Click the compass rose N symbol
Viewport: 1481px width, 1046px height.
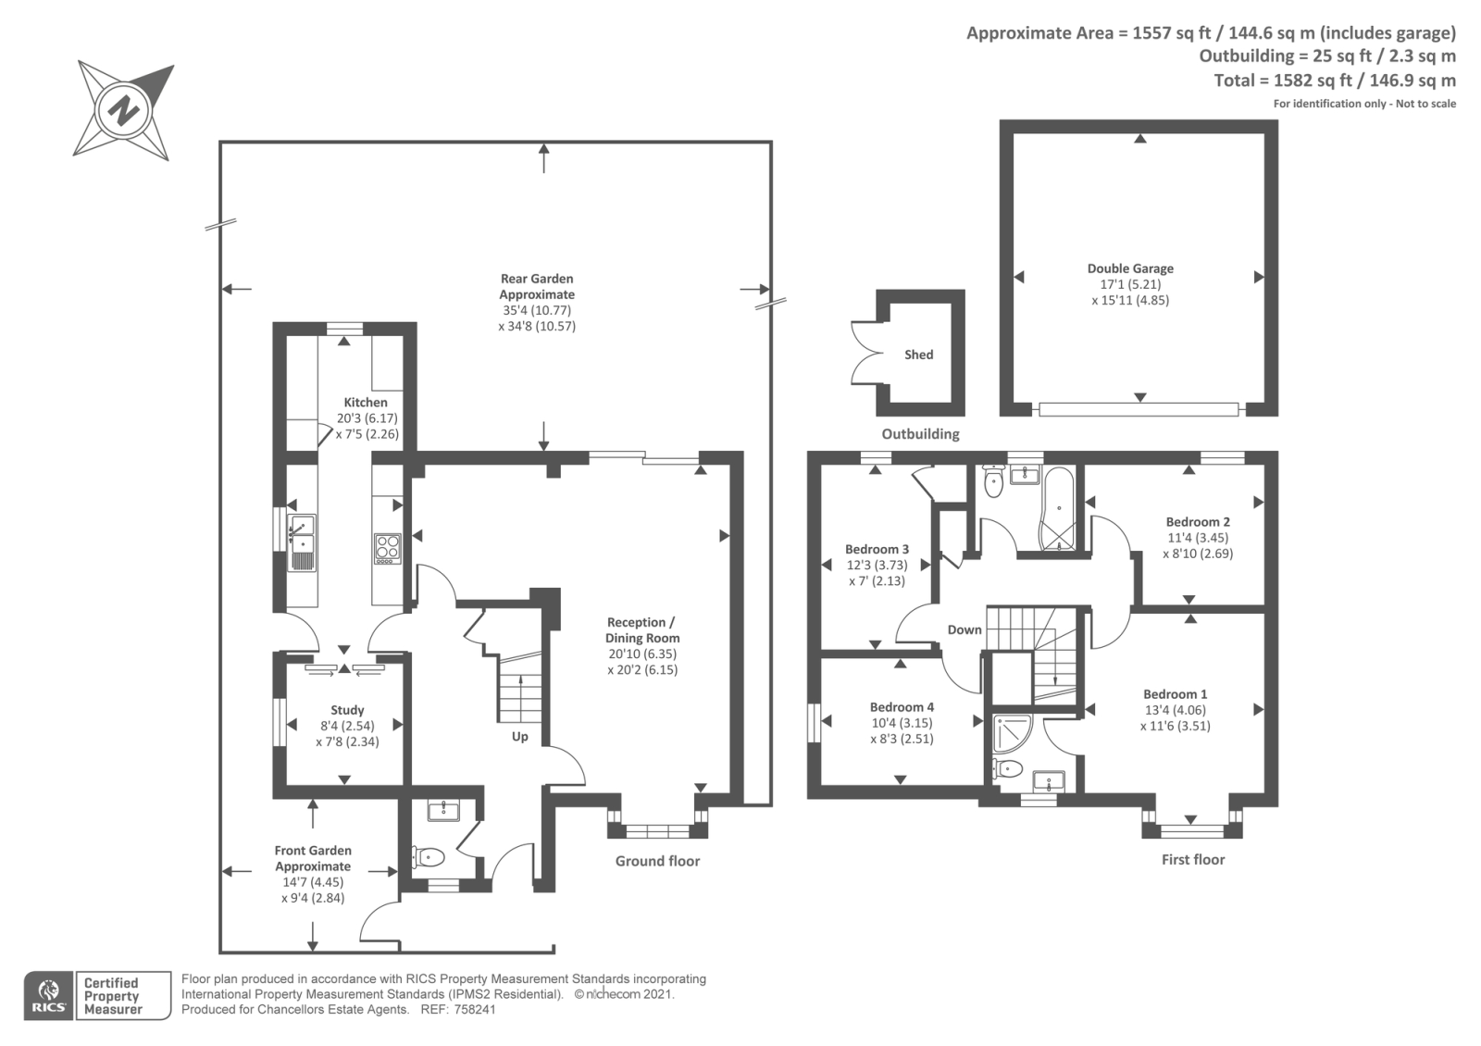[123, 110]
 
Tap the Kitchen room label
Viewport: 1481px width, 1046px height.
[366, 403]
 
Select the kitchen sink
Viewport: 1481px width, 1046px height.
[302, 542]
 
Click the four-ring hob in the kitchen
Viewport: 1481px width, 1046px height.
[387, 548]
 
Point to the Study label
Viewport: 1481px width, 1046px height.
[347, 710]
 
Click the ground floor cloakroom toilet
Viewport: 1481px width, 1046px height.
[429, 857]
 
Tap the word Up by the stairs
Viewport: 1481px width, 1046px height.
[520, 737]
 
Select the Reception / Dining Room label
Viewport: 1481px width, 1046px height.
[641, 630]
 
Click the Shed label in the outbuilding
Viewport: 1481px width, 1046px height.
[918, 355]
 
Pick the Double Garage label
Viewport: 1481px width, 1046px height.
[1130, 268]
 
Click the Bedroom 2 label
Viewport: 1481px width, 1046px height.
[1198, 522]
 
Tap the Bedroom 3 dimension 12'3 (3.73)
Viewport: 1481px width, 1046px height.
[877, 565]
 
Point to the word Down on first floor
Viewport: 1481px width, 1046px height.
[964, 629]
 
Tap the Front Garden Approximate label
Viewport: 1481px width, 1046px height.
[313, 858]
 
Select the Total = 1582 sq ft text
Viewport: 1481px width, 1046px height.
[1334, 81]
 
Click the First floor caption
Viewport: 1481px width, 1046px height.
[1192, 860]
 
